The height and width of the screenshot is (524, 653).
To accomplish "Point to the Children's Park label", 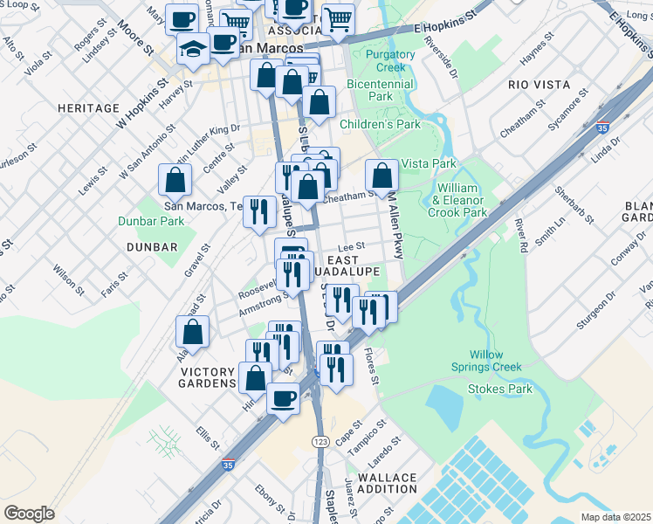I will pos(380,125).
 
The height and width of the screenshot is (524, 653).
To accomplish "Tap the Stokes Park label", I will pos(500,388).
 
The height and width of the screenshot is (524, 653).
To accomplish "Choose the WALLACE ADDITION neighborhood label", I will pos(387,483).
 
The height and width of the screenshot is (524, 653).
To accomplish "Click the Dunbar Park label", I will pos(152,221).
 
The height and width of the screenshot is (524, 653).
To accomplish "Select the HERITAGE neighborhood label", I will pos(87,108).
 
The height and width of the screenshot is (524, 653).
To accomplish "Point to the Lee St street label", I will pos(351,247).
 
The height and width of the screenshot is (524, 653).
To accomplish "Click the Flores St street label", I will pos(371,368).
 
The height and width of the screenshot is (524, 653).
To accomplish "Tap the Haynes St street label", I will pos(537,50).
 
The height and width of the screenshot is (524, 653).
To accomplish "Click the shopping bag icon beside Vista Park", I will pos(381,176).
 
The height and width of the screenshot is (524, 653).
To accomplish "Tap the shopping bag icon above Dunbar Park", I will pos(175,180).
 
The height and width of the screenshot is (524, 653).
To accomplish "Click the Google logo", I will pos(29,514).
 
